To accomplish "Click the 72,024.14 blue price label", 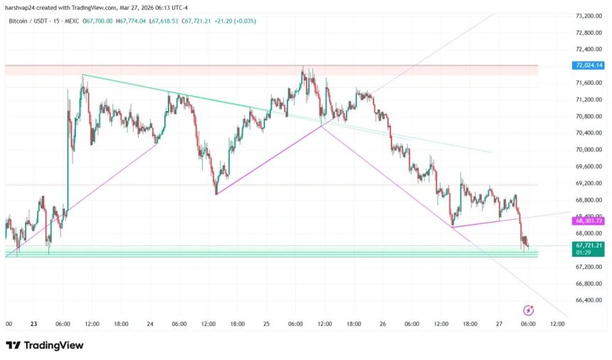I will coord(588,65).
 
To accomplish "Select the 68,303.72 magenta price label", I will coord(588,221).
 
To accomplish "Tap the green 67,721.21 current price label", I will coord(588,245).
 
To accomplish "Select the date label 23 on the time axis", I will coord(33,324).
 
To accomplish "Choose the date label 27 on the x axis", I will coord(499,324).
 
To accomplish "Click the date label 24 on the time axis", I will coord(150,324).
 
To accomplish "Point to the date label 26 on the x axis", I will coord(383,324).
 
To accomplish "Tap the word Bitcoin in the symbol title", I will coord(21,21).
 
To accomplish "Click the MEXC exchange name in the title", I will coord(71,21).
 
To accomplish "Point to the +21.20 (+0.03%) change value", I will coord(232,21).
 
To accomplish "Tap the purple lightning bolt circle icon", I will coord(529,310).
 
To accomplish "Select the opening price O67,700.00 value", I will coord(98,21).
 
